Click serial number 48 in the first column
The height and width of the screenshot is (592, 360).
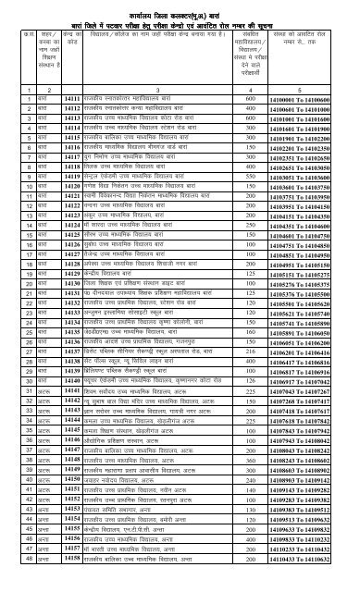pos(9,586)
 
